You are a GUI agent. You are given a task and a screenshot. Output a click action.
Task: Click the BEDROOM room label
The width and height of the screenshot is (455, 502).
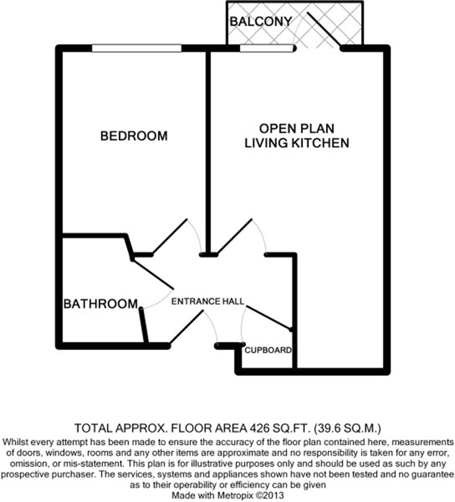point(134,136)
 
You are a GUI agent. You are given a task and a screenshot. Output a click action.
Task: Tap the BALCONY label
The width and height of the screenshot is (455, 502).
point(261,21)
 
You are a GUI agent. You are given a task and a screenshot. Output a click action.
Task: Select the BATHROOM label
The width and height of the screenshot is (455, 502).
point(100,304)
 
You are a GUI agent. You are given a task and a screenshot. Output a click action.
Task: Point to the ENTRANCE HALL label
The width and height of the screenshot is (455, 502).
point(208,302)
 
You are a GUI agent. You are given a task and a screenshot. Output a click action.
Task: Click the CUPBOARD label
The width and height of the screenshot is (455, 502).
point(268,350)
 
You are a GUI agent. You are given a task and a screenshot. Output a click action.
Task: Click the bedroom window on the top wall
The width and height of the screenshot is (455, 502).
point(136,48)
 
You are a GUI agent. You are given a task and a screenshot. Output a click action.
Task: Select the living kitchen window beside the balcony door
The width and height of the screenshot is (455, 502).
point(267,48)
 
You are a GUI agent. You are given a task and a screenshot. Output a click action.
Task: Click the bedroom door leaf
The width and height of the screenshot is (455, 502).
point(170,237)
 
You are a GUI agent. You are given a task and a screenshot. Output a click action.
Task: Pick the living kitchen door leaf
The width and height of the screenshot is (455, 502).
point(235,237)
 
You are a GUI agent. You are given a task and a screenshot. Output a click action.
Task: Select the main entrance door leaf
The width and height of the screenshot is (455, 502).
point(186,327)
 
